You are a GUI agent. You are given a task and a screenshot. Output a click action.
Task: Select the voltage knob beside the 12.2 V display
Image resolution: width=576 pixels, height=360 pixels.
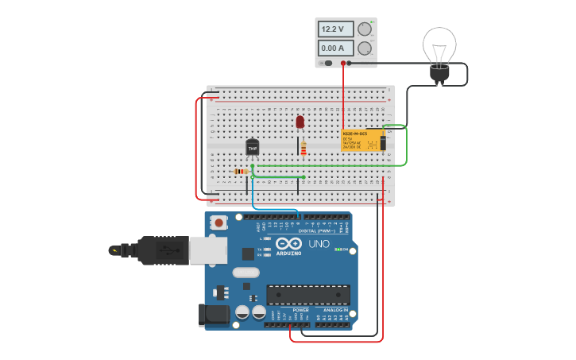[365, 29]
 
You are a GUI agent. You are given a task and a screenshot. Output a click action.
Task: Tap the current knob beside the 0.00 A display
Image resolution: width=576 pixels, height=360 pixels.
[365, 48]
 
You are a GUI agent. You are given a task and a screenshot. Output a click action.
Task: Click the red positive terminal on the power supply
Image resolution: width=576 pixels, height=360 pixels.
[343, 63]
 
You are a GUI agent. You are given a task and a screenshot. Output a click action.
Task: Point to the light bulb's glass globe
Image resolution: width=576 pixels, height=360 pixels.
[439, 44]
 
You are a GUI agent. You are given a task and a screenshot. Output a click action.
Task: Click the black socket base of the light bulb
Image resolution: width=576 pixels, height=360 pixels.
[439, 73]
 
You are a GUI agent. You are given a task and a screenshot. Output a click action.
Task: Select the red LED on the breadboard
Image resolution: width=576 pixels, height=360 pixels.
[300, 122]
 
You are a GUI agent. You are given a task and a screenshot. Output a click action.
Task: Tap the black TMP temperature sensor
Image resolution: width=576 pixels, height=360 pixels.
[253, 147]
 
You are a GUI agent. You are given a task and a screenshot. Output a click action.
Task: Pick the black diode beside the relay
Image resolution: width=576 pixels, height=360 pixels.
[384, 142]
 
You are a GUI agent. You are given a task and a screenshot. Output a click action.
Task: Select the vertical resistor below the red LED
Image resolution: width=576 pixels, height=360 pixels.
[303, 149]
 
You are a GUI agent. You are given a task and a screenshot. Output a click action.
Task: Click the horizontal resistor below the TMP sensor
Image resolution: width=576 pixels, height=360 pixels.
[242, 171]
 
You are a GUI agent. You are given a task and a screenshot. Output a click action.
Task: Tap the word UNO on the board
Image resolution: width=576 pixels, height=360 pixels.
[319, 243]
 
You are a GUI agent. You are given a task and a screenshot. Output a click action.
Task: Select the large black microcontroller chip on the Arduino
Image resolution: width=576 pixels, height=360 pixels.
[307, 295]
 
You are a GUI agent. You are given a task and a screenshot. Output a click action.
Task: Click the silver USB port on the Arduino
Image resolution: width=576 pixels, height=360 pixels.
[208, 250]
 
